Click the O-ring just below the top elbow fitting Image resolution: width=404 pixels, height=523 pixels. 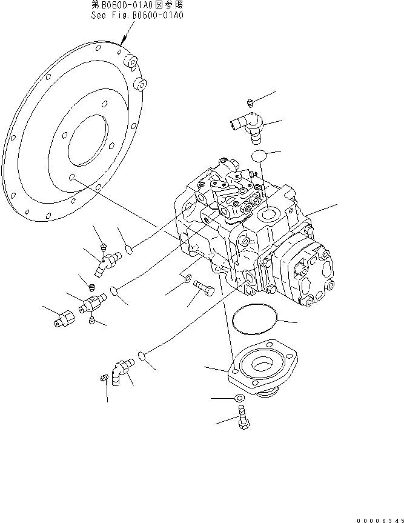259,156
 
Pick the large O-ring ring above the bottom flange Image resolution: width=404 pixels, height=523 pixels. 254,318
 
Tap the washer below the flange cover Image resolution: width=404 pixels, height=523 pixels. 239,398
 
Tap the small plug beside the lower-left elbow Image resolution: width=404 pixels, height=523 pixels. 103,378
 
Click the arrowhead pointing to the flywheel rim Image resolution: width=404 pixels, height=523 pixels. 123,43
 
